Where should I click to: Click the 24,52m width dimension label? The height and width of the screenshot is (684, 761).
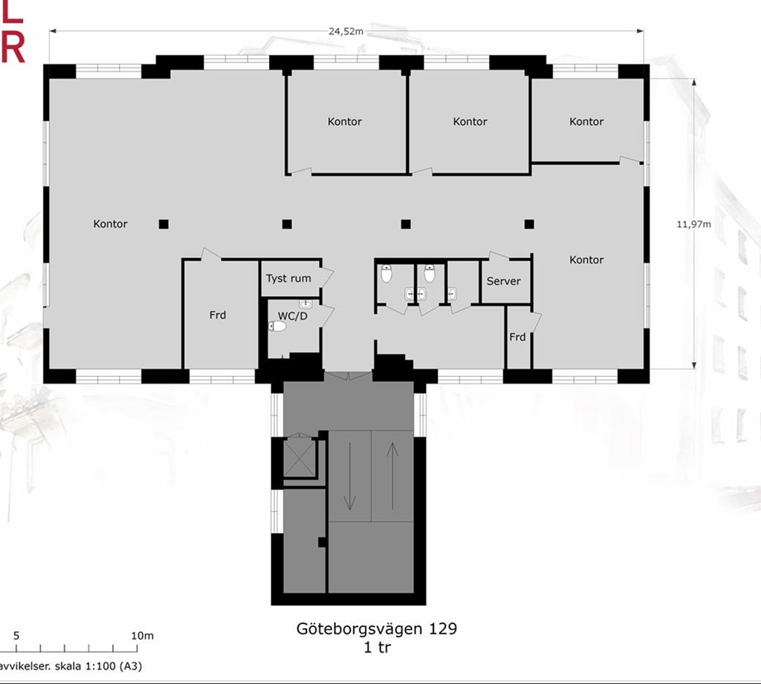(x=346, y=31)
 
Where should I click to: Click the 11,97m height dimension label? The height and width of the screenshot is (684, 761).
(x=693, y=225)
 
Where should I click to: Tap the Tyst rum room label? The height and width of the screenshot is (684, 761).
(x=288, y=279)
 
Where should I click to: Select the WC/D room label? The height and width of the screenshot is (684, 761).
(x=293, y=316)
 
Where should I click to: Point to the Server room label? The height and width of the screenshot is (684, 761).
(x=503, y=281)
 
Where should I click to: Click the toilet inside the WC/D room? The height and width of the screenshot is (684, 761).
(x=277, y=326)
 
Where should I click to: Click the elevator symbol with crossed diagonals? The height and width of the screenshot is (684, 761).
(x=299, y=458)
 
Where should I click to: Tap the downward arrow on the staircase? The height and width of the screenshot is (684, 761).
(x=349, y=477)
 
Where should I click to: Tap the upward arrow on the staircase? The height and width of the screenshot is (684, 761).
(x=392, y=477)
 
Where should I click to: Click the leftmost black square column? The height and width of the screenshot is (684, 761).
(x=163, y=225)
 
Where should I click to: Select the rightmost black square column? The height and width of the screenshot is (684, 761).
(x=529, y=225)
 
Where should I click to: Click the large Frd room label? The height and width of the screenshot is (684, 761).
(x=218, y=315)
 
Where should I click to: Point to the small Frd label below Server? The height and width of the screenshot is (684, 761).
(x=517, y=337)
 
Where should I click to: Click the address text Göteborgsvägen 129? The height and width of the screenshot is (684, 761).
(x=377, y=629)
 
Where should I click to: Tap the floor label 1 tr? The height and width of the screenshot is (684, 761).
(x=377, y=647)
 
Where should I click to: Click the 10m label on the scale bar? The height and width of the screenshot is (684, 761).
(x=142, y=636)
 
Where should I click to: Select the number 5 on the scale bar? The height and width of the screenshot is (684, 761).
(x=16, y=636)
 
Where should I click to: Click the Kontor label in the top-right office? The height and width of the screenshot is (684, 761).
(x=586, y=122)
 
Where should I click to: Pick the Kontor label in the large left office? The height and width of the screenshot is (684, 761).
(x=110, y=224)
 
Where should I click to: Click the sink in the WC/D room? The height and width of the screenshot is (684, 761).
(x=305, y=304)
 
